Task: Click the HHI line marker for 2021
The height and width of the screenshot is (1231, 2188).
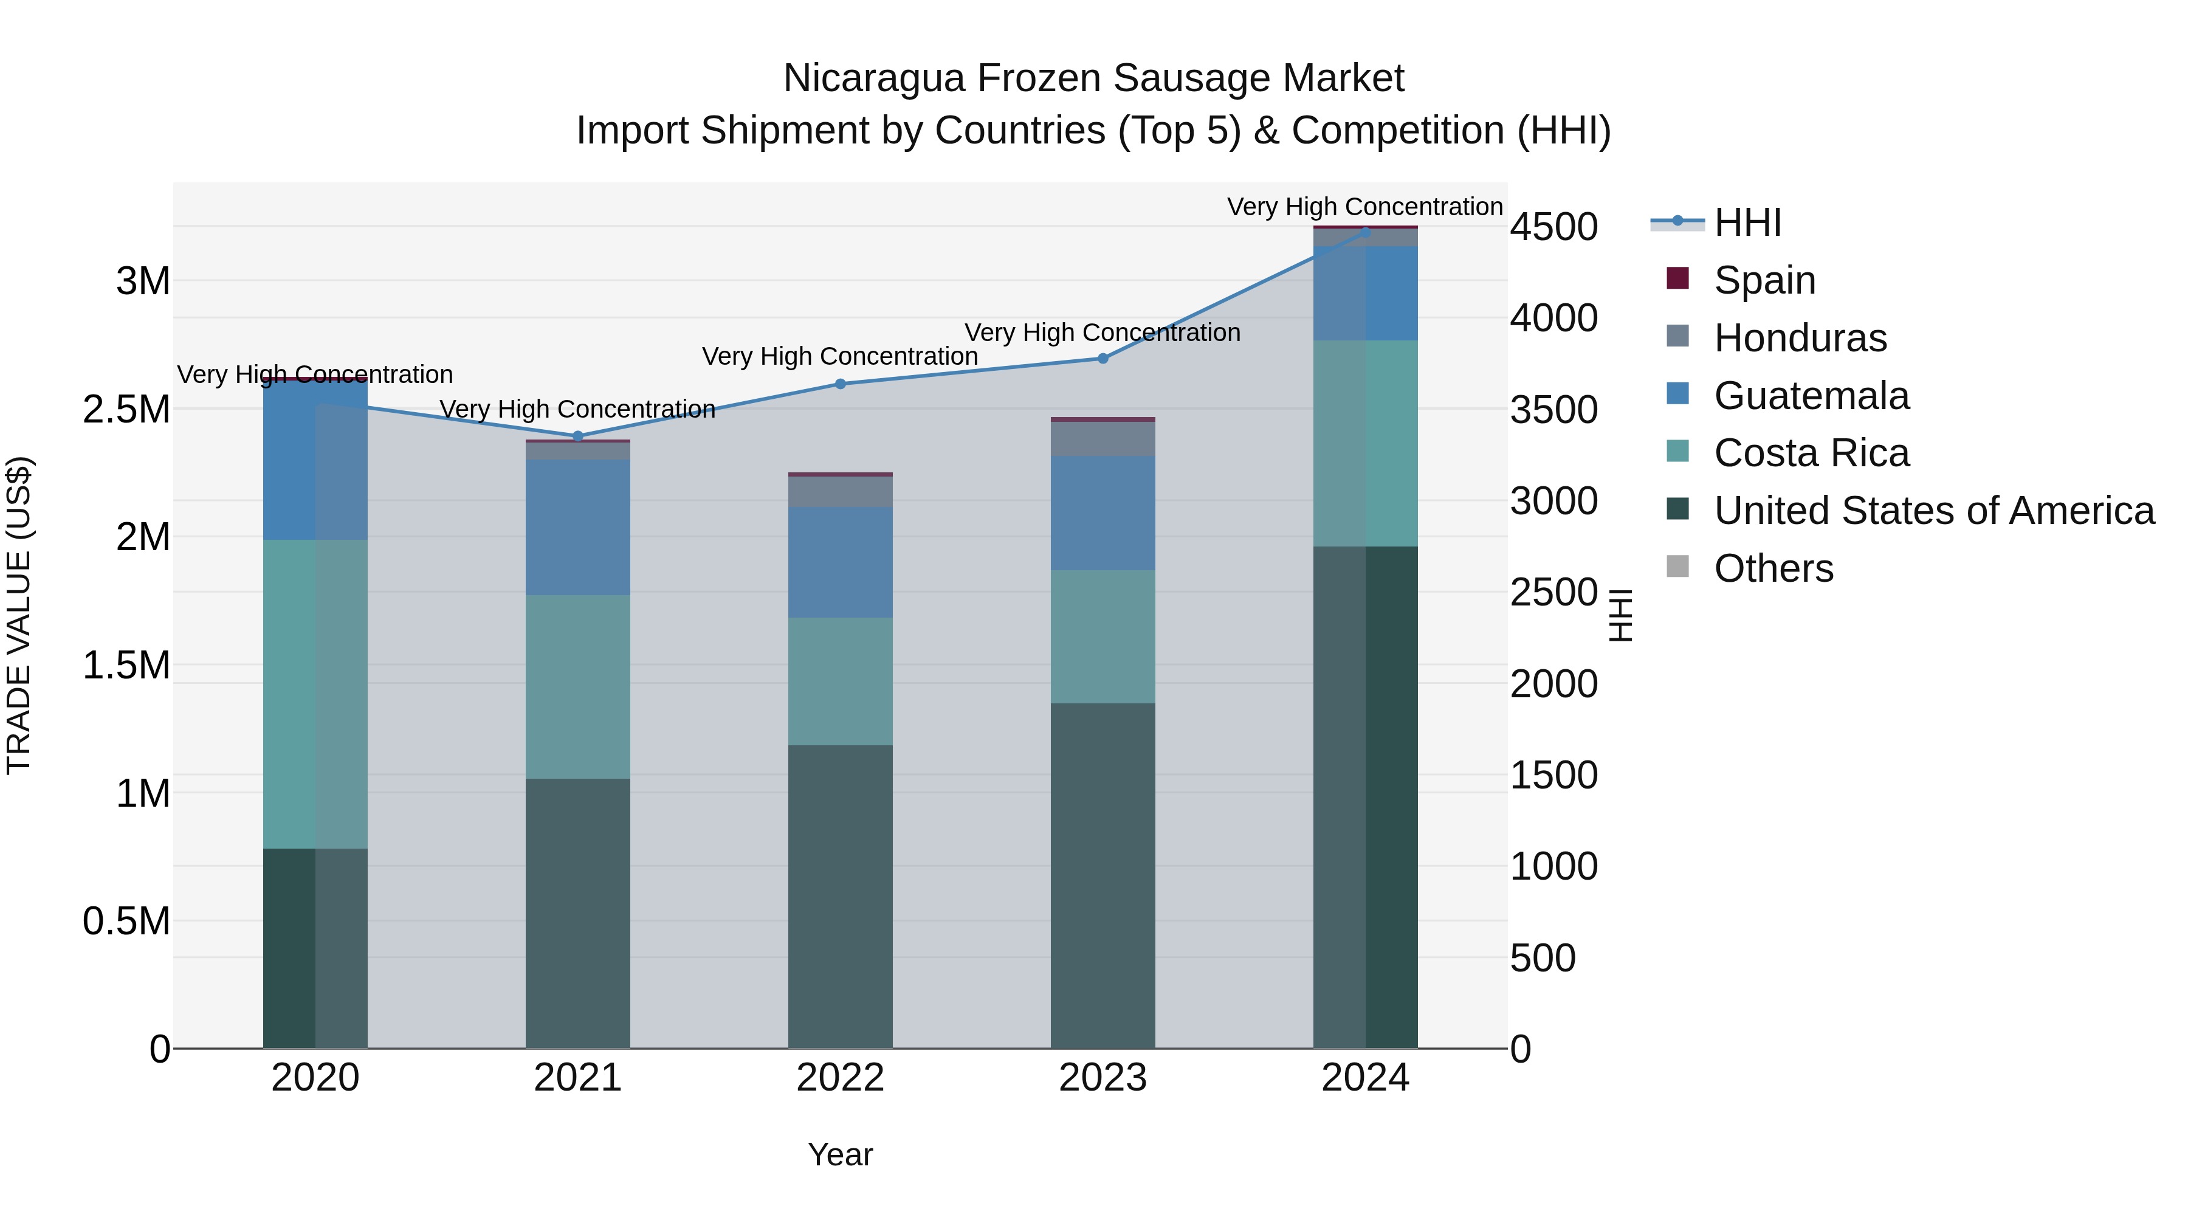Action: click(x=577, y=436)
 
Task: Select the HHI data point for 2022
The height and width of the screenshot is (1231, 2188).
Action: click(x=840, y=384)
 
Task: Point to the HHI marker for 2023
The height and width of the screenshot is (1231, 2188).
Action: click(x=1103, y=359)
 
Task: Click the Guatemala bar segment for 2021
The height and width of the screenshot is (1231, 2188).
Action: click(x=577, y=526)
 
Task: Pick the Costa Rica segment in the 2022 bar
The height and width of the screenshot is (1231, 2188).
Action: click(x=840, y=681)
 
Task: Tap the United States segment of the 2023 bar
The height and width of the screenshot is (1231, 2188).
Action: click(x=1103, y=875)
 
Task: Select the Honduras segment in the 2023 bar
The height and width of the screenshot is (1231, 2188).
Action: click(x=1103, y=440)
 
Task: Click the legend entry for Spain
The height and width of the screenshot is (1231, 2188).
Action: click(x=1764, y=280)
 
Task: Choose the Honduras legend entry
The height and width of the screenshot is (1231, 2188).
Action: click(x=1800, y=338)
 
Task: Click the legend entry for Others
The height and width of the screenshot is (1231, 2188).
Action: click(x=1773, y=568)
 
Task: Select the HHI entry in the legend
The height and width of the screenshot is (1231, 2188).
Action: click(x=1747, y=222)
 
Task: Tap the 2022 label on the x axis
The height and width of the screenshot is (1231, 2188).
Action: click(x=840, y=1078)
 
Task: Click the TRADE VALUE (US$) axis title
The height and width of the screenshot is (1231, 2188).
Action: click(x=19, y=615)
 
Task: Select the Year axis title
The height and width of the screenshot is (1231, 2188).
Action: click(x=840, y=1154)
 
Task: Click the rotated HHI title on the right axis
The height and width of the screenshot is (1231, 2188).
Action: click(x=1620, y=615)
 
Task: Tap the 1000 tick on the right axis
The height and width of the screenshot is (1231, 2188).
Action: click(x=1553, y=866)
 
